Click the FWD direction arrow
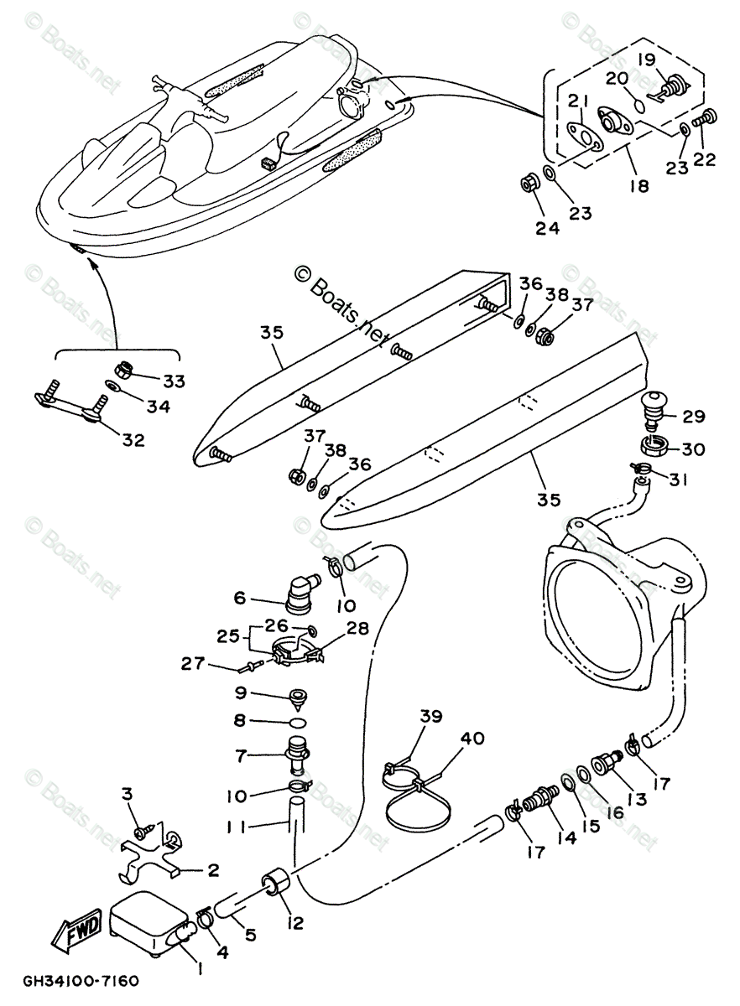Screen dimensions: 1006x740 (x=78, y=930)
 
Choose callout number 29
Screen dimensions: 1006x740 (x=694, y=416)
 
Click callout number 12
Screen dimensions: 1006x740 (x=295, y=924)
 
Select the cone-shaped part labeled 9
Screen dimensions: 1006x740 (x=297, y=697)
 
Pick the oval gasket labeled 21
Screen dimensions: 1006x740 (x=582, y=137)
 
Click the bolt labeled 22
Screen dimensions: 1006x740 (x=706, y=119)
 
